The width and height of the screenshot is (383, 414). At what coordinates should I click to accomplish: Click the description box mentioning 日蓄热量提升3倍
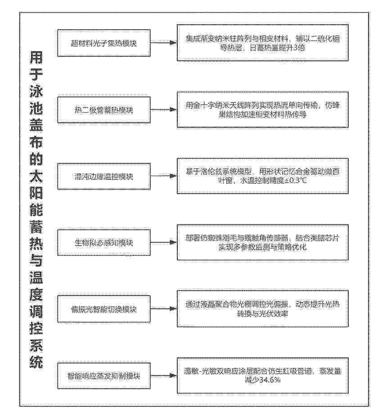(262, 43)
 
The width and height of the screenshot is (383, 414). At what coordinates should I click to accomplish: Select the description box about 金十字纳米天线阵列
(262, 109)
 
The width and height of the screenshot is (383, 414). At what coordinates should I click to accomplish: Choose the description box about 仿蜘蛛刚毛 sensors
(262, 243)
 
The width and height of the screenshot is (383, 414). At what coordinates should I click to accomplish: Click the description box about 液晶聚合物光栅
(262, 309)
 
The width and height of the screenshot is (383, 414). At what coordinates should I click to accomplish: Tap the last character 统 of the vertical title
(36, 361)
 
